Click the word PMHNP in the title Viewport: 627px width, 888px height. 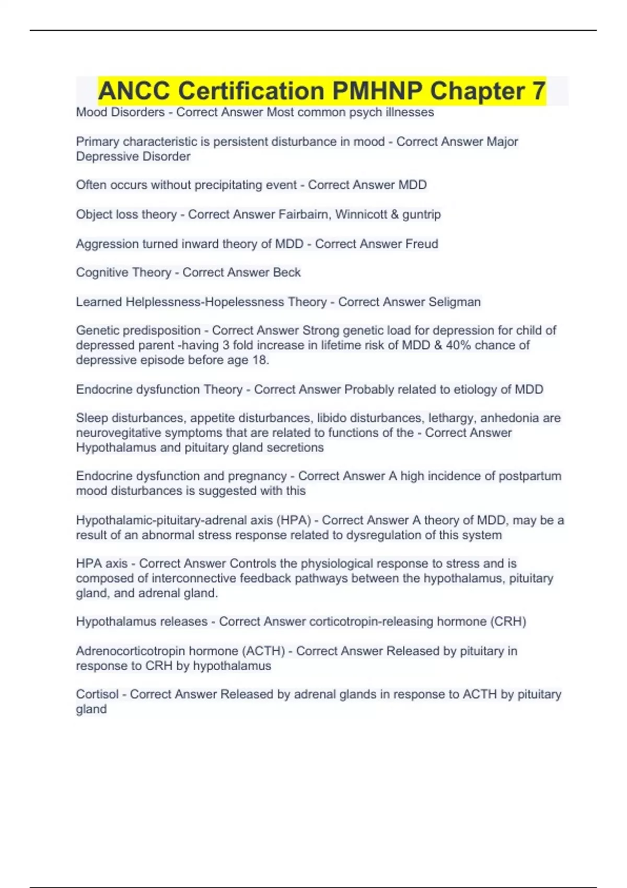tap(377, 91)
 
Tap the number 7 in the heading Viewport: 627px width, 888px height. tap(539, 91)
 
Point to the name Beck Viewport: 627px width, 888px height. tap(287, 273)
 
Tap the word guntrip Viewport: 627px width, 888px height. tap(422, 215)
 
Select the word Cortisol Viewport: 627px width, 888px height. tap(97, 694)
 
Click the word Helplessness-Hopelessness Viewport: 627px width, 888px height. tap(226, 302)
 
